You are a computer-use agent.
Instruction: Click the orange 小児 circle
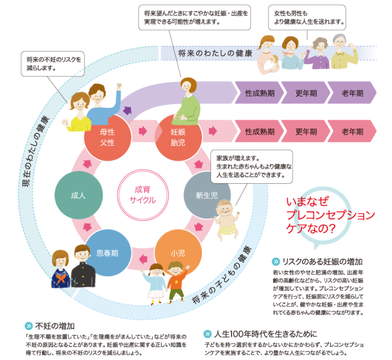[x=178, y=253]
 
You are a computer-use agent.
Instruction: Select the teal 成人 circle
[x=79, y=195]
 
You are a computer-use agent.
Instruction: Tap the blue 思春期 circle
[x=108, y=253]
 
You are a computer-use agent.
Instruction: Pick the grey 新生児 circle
[x=207, y=195]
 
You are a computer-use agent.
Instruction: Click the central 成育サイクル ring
[x=142, y=195]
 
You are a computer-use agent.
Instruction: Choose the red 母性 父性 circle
[x=108, y=137]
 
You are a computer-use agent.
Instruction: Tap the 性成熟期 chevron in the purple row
[x=259, y=93]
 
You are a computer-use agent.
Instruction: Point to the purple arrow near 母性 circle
[x=127, y=110]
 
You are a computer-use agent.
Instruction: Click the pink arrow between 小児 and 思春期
[x=143, y=259]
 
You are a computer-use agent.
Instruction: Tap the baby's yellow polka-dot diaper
[x=227, y=229]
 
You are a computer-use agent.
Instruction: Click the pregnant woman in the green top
[x=187, y=101]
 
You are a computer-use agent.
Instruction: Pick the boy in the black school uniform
[x=83, y=266]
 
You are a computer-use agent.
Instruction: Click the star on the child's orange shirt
[x=176, y=282]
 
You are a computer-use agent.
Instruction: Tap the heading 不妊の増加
[x=55, y=326]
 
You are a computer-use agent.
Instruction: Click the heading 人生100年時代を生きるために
[x=265, y=334]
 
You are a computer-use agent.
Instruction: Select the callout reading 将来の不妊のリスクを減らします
[x=53, y=64]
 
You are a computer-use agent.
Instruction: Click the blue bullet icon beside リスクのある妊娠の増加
[x=276, y=262]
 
